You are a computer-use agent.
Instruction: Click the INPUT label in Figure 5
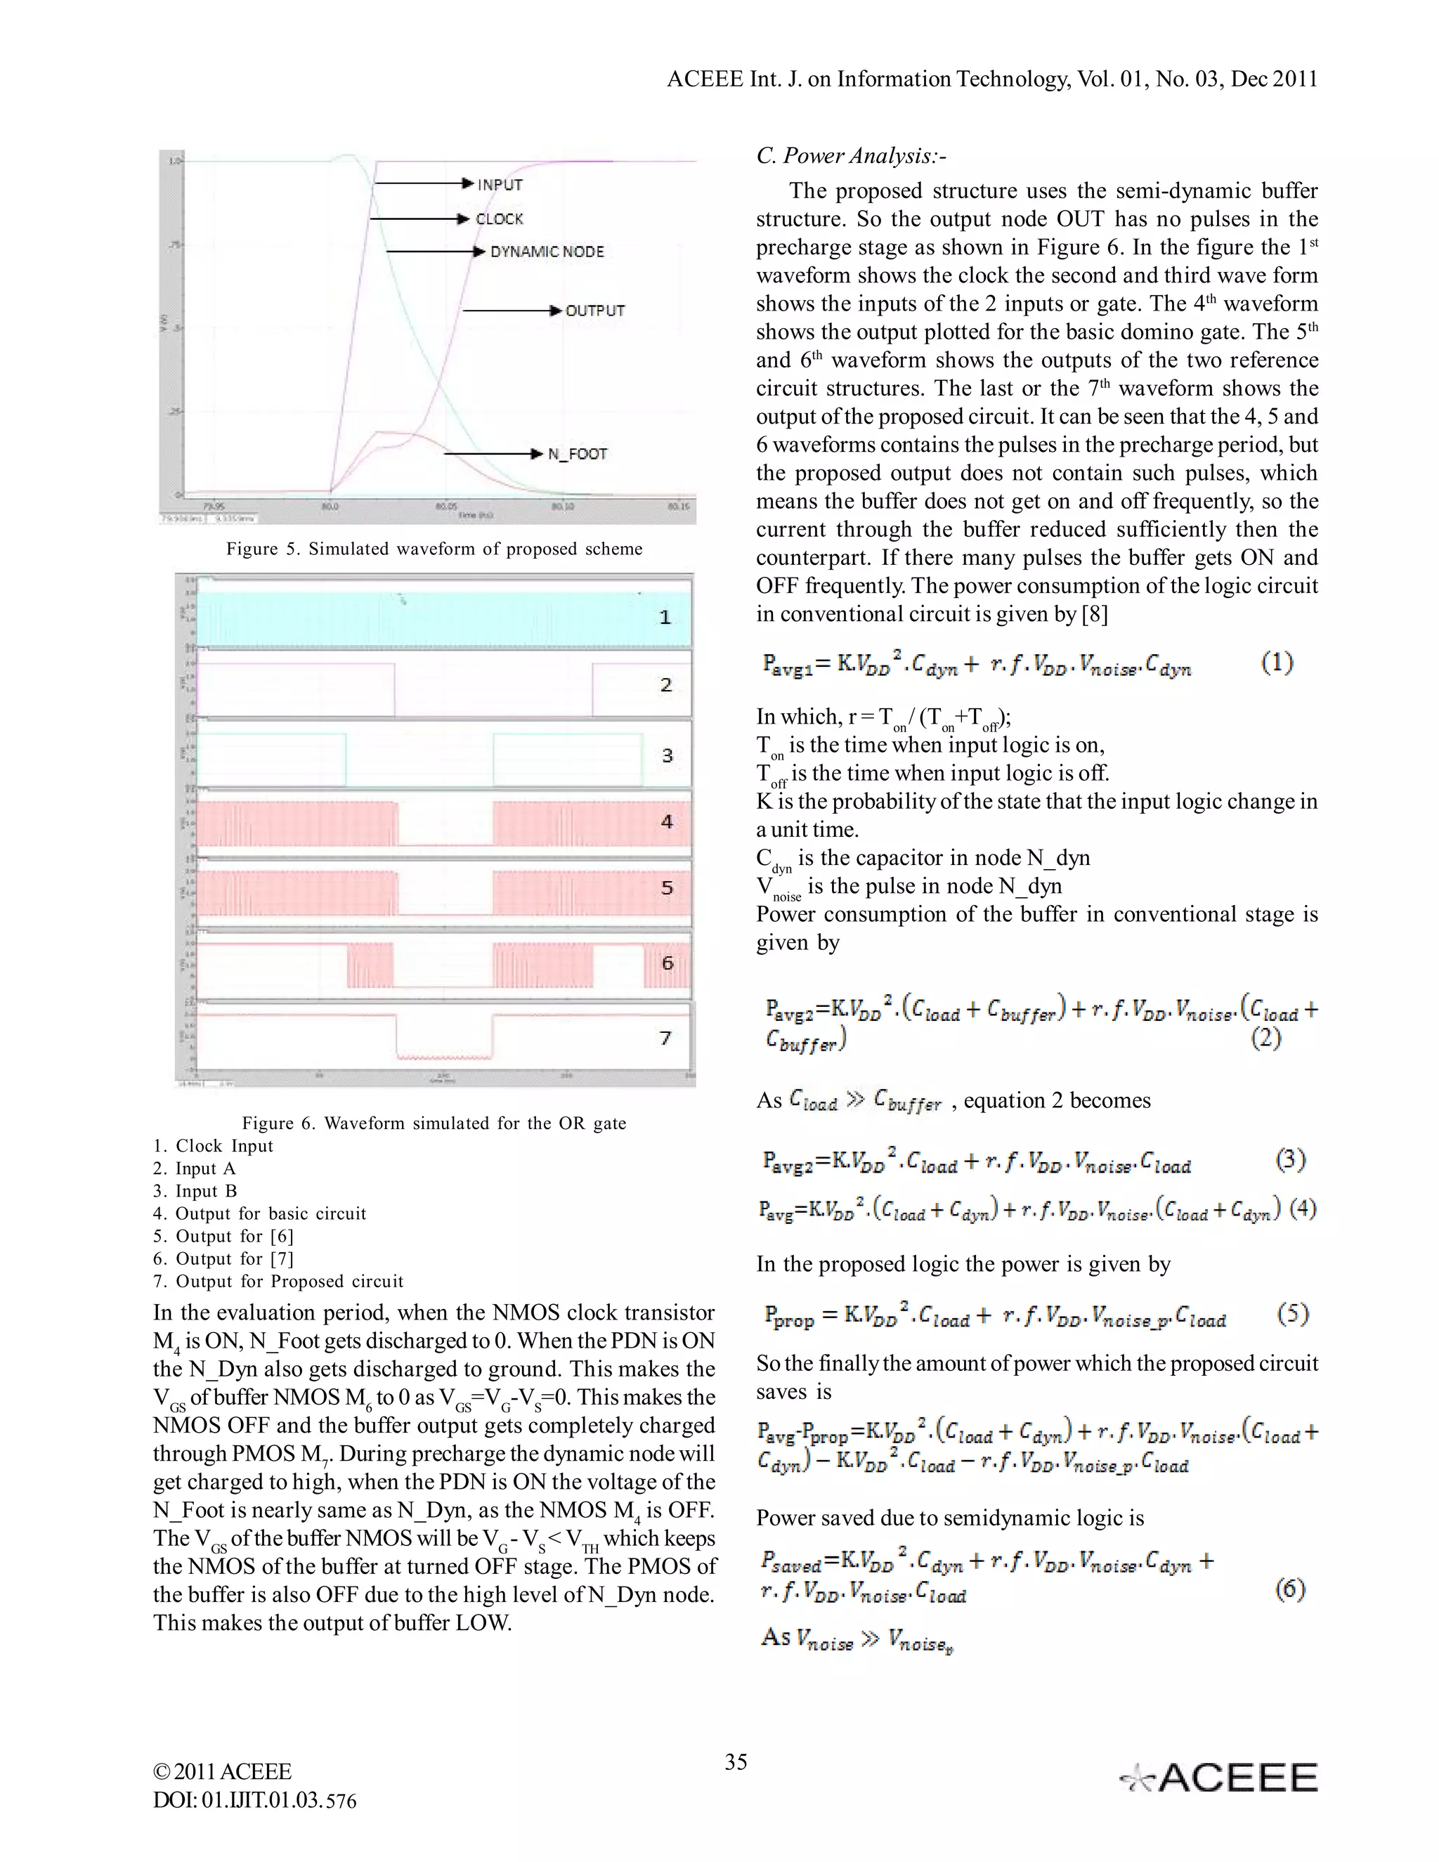pyautogui.click(x=500, y=184)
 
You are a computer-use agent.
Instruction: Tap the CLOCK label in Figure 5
pyautogui.click(x=499, y=219)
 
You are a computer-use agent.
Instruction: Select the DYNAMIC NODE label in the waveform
pyautogui.click(x=547, y=252)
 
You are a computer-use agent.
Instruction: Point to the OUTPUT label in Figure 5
pyautogui.click(x=594, y=311)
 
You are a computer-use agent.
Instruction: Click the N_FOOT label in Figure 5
pyautogui.click(x=577, y=454)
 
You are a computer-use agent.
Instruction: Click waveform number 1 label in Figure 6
pyautogui.click(x=665, y=617)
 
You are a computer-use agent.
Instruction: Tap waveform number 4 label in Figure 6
pyautogui.click(x=667, y=821)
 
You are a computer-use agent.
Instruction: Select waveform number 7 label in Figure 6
pyautogui.click(x=666, y=1038)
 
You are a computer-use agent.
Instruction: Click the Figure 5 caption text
pyautogui.click(x=434, y=549)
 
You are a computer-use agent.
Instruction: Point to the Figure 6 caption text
pyautogui.click(x=434, y=1123)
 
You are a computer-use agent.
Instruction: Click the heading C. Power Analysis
pyautogui.click(x=851, y=156)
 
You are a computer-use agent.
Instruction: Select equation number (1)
pyautogui.click(x=1276, y=663)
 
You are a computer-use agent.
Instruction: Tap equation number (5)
pyautogui.click(x=1292, y=1314)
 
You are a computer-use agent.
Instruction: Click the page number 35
pyautogui.click(x=736, y=1762)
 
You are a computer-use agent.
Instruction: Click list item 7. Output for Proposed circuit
pyautogui.click(x=278, y=1282)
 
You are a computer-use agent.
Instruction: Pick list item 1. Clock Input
pyautogui.click(x=213, y=1146)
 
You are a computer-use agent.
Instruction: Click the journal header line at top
pyautogui.click(x=991, y=79)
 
